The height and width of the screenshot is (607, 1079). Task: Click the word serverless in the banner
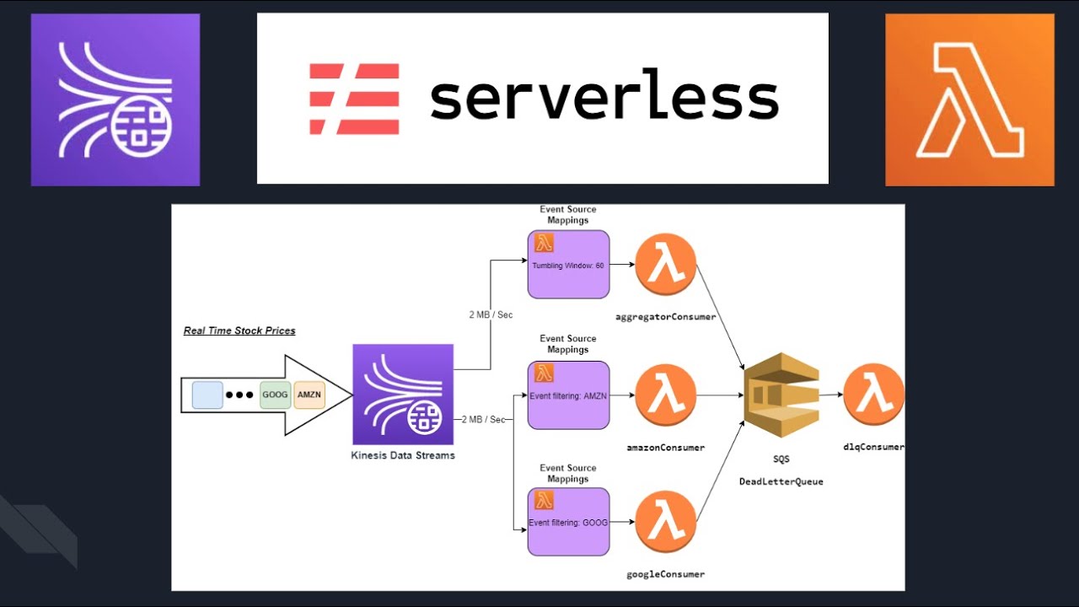coord(604,99)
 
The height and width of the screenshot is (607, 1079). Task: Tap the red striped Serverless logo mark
coord(354,99)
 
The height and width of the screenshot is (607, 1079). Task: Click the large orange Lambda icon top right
coord(969,99)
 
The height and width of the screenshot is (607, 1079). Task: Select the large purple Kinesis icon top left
coord(115,99)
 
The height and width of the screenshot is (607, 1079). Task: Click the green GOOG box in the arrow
coord(275,395)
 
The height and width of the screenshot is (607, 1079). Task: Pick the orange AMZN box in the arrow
coord(309,395)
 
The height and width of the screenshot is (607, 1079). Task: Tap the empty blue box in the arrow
coord(207,395)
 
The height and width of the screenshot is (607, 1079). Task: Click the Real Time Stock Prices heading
coord(239,330)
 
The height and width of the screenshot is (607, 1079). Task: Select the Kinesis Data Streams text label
coord(403,455)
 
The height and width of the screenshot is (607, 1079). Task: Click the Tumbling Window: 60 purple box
coord(568,265)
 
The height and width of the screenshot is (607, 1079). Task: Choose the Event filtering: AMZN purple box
coord(568,395)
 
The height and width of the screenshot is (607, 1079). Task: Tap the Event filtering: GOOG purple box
coord(568,522)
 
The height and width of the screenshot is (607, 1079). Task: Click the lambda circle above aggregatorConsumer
coord(666,265)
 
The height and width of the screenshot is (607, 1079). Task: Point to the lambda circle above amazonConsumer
coord(666,395)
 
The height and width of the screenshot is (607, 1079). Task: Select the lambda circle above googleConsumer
coord(666,522)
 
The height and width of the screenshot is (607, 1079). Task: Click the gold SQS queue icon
coord(781,395)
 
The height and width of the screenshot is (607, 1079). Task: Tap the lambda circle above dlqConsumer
coord(873,395)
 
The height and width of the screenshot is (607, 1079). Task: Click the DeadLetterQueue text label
coord(781,481)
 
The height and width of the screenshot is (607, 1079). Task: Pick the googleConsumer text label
coord(665,574)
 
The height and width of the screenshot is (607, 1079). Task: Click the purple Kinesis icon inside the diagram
coord(403,395)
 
